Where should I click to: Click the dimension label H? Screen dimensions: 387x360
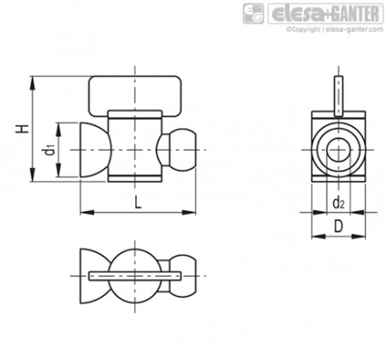22,129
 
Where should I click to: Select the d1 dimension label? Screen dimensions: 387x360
50,150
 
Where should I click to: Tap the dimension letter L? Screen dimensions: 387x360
138,203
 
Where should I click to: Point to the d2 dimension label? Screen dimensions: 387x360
338,203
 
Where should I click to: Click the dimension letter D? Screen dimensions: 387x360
338,226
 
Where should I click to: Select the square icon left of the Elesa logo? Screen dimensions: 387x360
253,14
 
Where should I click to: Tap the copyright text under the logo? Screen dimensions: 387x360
335,29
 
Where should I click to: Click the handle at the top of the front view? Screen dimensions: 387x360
135,96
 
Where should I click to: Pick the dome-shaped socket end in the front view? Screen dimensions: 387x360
93,150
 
